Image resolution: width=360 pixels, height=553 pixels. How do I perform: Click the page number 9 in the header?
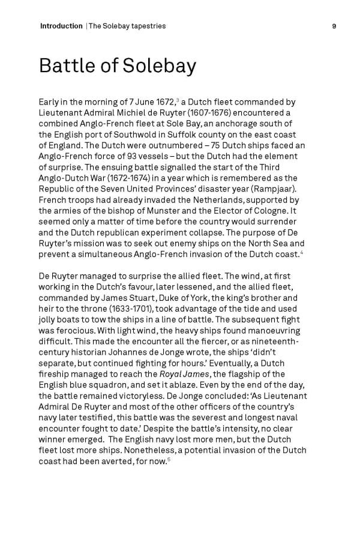point(334,26)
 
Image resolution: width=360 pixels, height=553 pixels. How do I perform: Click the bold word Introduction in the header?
point(61,26)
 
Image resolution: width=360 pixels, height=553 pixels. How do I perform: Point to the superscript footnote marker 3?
point(177,100)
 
